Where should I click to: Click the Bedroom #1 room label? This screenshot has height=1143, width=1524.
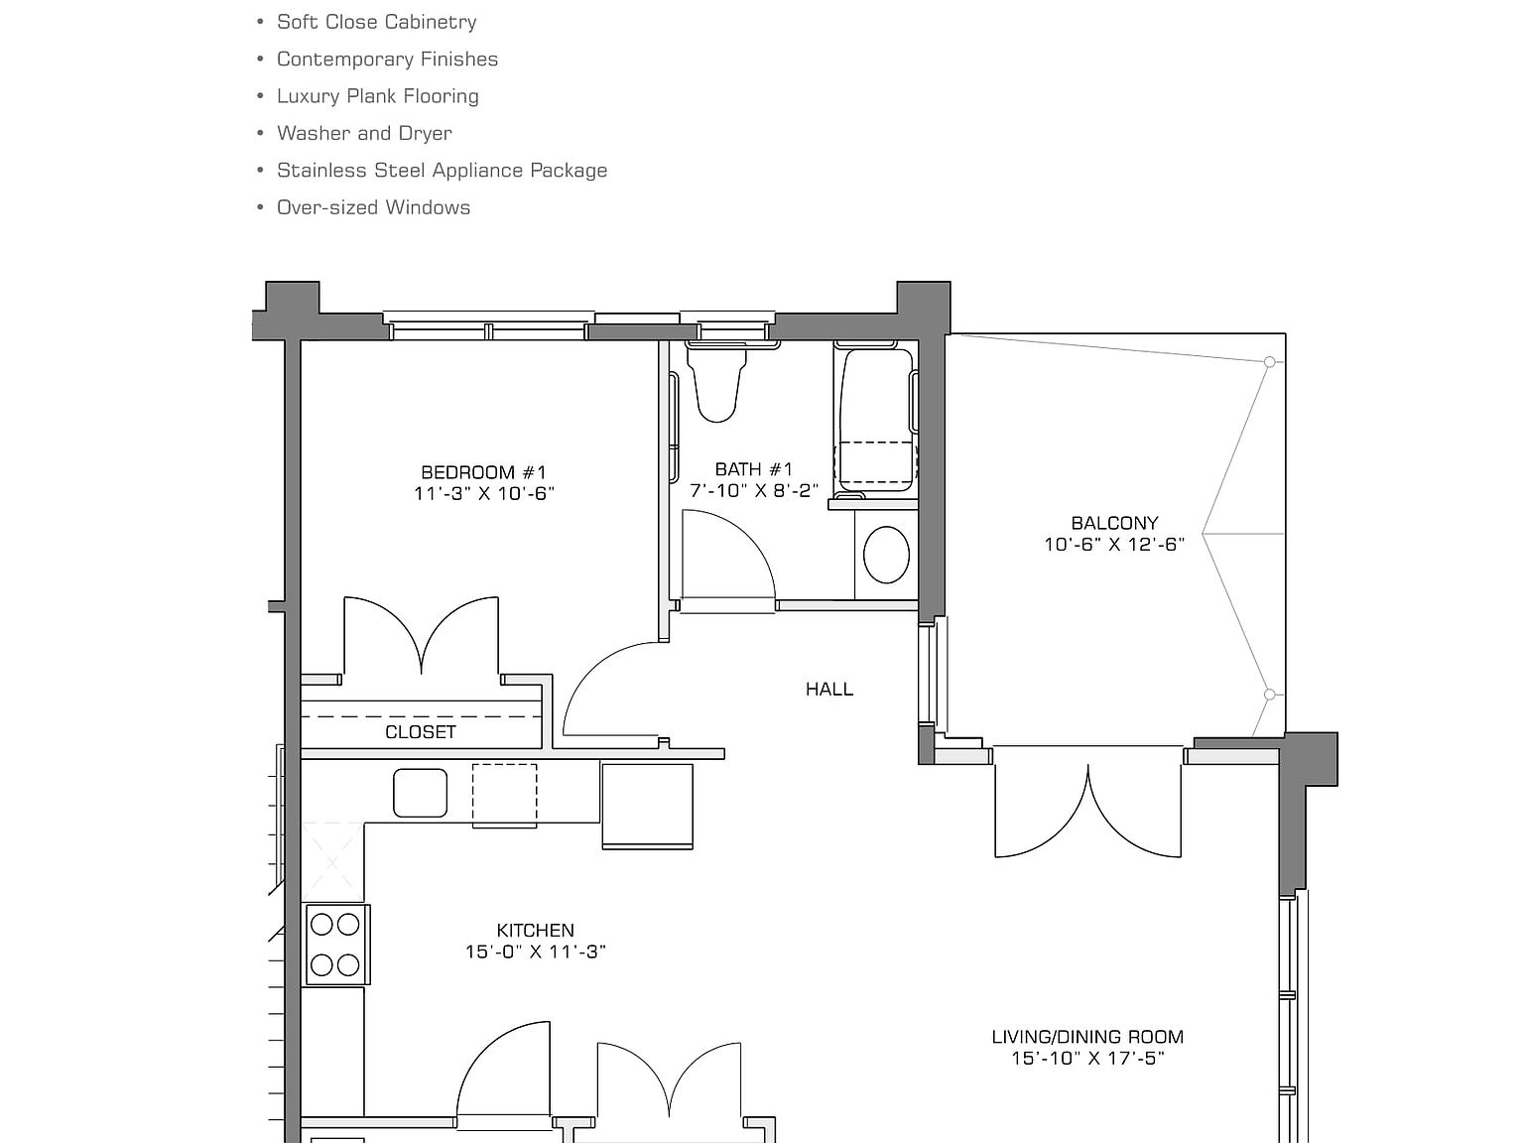point(483,472)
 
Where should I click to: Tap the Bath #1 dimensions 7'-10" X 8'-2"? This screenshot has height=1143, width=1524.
point(754,490)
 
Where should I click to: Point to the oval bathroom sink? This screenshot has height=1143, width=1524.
point(886,554)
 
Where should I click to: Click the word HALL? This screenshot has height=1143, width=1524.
point(828,689)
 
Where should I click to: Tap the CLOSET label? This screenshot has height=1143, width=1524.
point(421,732)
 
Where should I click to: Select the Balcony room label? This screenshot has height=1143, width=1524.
point(1114,523)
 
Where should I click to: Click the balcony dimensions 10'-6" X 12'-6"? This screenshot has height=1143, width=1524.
point(1114,544)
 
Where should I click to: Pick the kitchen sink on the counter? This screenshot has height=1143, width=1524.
point(420,793)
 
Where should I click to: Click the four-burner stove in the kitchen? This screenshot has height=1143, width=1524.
point(335,945)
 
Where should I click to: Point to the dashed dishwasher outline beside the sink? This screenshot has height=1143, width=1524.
point(504,795)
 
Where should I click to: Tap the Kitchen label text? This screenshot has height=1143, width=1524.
point(535,930)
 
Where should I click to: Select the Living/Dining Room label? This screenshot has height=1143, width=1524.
point(1087,1037)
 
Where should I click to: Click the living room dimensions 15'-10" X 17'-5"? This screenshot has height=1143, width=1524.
point(1087,1058)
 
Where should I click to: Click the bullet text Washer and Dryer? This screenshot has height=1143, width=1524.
point(364,133)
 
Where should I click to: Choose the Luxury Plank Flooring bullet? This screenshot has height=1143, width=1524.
point(377,96)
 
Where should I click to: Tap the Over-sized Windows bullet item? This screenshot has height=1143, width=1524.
point(373,207)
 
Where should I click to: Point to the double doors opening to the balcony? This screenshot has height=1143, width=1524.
point(1088,809)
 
